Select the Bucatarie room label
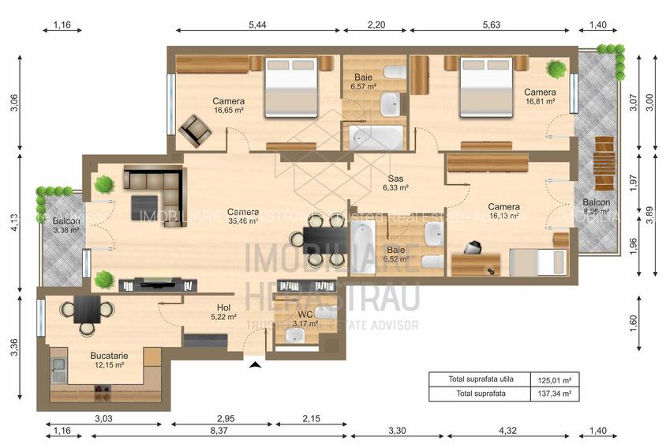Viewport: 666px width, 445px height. coord(109,360)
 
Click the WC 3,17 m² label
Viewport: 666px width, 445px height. coord(305,319)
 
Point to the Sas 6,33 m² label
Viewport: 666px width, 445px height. coord(395,183)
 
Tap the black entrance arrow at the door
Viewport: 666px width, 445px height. coord(254,364)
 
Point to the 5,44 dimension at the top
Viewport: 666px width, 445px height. coord(257,25)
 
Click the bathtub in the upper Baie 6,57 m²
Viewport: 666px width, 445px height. coord(376,138)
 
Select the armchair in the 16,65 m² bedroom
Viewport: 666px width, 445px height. coord(194,130)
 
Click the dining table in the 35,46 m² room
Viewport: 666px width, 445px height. coord(324,238)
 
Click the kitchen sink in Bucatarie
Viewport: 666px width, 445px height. coord(58,366)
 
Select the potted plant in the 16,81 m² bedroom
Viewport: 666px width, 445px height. coord(557,70)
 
